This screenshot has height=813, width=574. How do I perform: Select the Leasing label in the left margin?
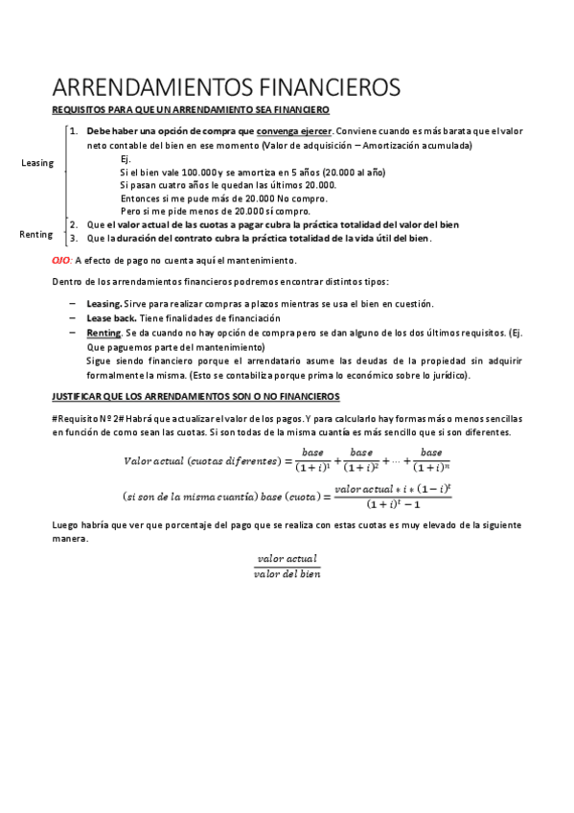pyautogui.click(x=36, y=163)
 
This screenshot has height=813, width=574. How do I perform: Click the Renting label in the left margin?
pyautogui.click(x=36, y=234)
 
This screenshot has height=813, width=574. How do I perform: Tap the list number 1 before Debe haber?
pyautogui.click(x=74, y=130)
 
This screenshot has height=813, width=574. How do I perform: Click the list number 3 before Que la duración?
pyautogui.click(x=74, y=239)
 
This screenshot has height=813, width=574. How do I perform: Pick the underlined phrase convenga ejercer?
pyautogui.click(x=294, y=130)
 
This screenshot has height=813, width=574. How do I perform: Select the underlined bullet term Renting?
pyautogui.click(x=103, y=332)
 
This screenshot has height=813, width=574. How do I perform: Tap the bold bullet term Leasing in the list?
pyautogui.click(x=104, y=304)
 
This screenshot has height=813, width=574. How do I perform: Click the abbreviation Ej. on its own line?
pyautogui.click(x=126, y=158)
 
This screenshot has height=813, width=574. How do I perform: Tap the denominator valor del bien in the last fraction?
pyautogui.click(x=287, y=574)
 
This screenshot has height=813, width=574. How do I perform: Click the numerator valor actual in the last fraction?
pyautogui.click(x=287, y=559)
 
